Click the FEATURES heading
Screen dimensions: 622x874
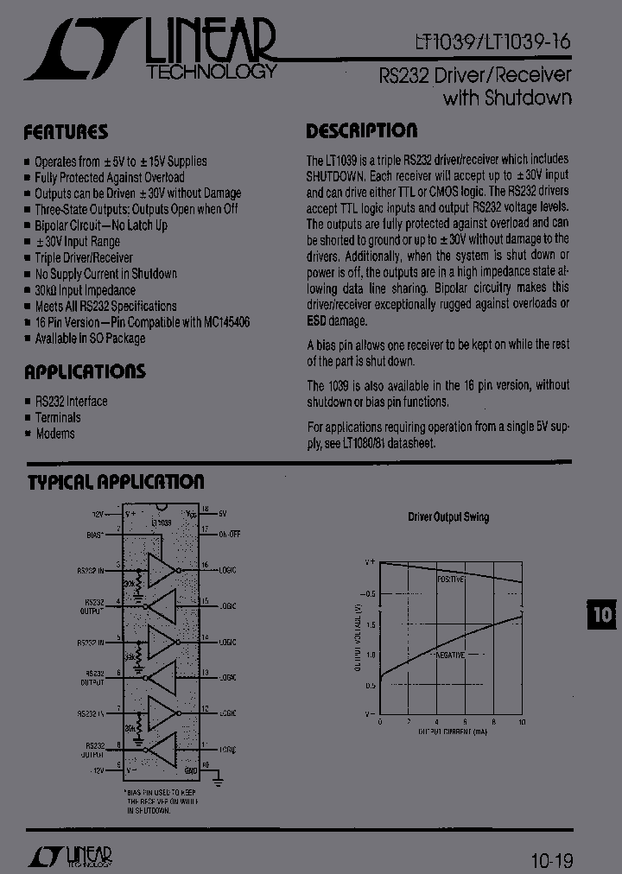(66, 132)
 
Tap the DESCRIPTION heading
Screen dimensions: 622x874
(361, 131)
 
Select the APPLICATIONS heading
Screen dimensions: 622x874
(85, 372)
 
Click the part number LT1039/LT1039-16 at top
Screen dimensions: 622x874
(491, 41)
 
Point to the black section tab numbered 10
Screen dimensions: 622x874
(601, 615)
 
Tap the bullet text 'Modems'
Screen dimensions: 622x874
(55, 434)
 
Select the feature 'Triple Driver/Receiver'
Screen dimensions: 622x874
(84, 257)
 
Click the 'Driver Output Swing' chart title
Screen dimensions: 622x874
(447, 517)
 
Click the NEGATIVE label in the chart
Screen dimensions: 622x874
(449, 655)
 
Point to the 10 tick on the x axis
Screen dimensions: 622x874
(521, 722)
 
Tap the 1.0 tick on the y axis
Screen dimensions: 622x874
(371, 655)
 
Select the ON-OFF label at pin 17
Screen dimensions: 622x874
(229, 535)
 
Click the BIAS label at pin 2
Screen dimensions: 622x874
(95, 535)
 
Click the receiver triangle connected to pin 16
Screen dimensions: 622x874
(161, 570)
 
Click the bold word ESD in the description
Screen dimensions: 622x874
(319, 320)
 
